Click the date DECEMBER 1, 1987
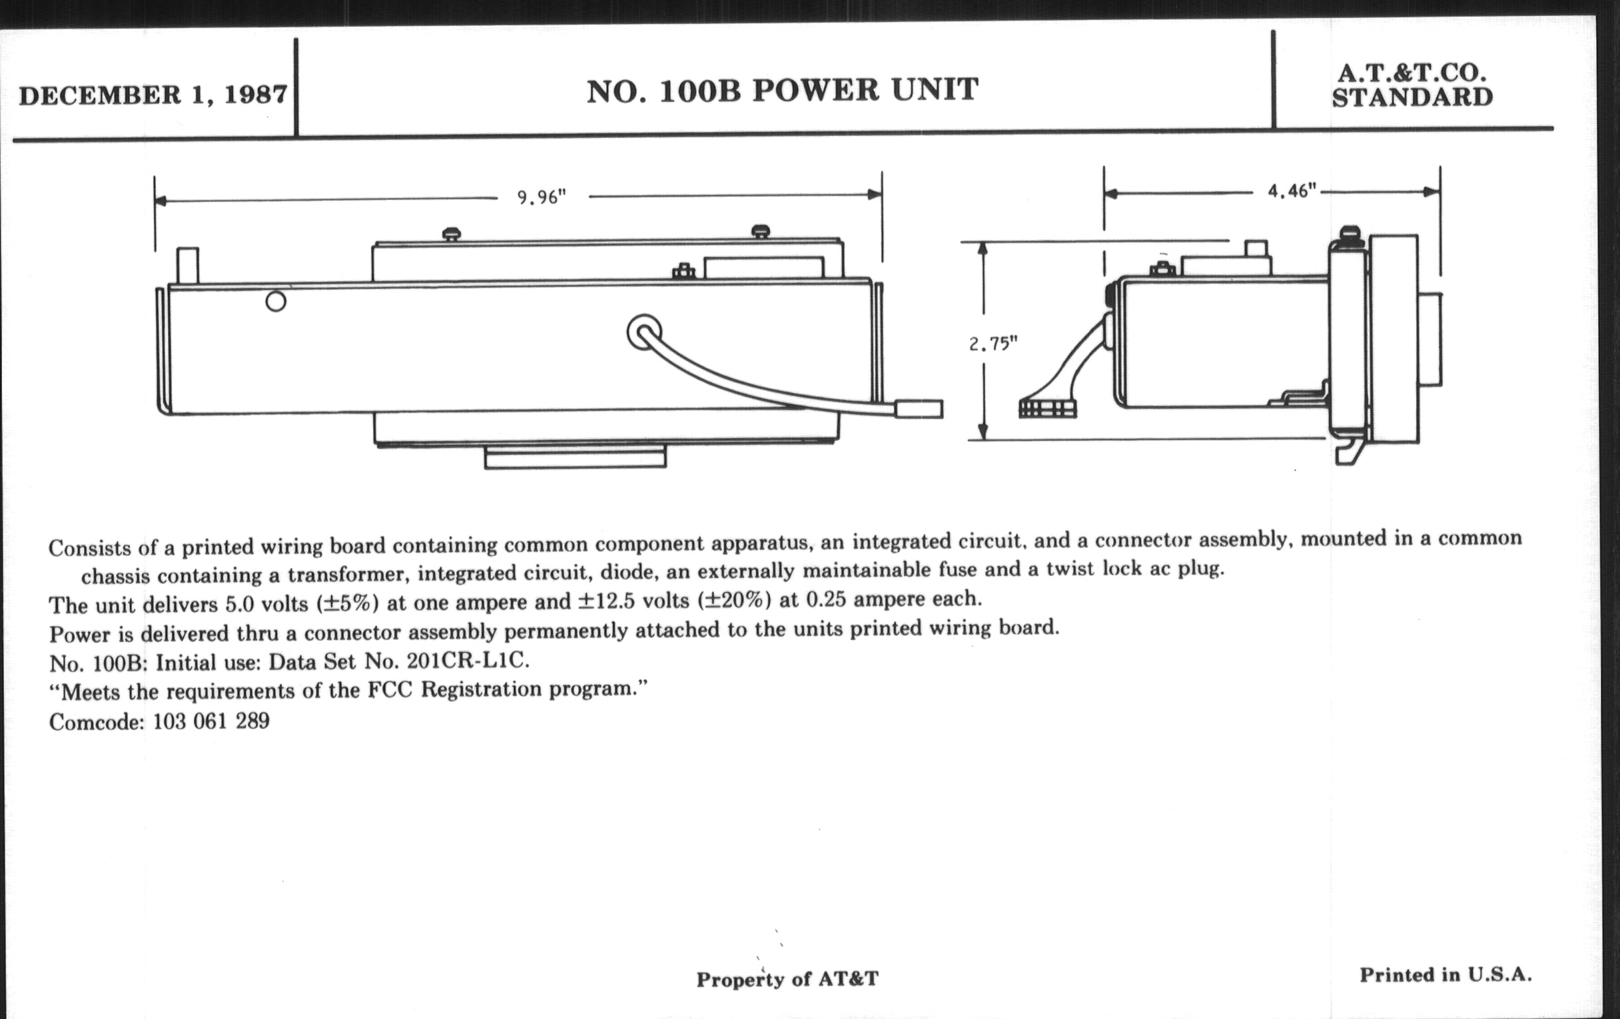click(x=153, y=95)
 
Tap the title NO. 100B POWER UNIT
click(x=782, y=91)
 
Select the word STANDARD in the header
click(x=1412, y=98)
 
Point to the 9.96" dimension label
click(x=542, y=197)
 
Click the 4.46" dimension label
click(x=1291, y=192)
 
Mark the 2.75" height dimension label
click(x=993, y=344)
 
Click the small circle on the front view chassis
click(x=276, y=301)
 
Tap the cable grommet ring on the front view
click(x=644, y=332)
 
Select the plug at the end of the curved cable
click(x=919, y=409)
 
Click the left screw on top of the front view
click(x=452, y=234)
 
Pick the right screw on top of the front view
click(x=760, y=231)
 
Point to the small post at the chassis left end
click(x=187, y=266)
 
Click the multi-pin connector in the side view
click(x=1047, y=408)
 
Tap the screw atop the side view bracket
click(x=1350, y=234)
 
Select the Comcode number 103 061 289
click(x=211, y=722)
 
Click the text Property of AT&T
click(x=787, y=978)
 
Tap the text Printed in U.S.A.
click(x=1445, y=974)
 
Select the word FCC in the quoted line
click(x=390, y=690)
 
